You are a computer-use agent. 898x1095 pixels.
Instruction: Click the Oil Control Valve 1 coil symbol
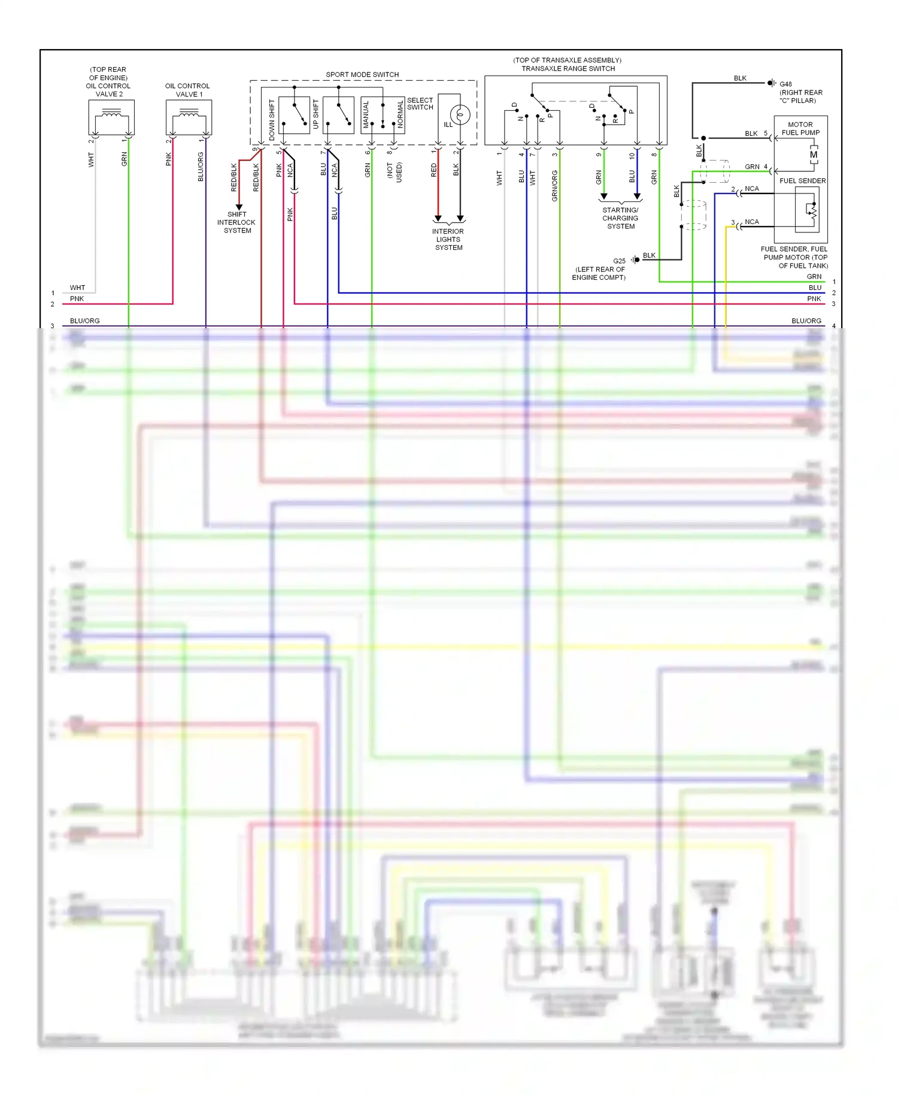[x=189, y=113]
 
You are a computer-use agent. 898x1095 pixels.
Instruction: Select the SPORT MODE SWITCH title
[x=362, y=74]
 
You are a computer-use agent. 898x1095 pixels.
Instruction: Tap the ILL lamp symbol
[x=460, y=114]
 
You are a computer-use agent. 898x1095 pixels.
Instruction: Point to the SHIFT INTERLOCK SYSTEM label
[x=236, y=222]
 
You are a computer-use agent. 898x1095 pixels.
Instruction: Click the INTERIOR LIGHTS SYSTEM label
[x=448, y=239]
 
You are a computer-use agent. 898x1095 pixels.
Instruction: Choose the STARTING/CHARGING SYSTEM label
[x=620, y=218]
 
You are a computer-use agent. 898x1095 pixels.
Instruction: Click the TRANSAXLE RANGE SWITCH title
[x=568, y=68]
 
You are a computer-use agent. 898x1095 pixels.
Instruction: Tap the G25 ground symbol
[x=635, y=260]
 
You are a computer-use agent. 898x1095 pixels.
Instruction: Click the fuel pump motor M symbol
[x=814, y=155]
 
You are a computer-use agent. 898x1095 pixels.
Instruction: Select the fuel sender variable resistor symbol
[x=812, y=210]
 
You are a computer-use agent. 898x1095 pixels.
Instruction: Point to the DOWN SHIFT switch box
[x=294, y=115]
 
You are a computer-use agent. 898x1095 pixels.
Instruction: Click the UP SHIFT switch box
[x=338, y=115]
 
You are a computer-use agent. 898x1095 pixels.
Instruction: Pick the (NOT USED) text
[x=395, y=173]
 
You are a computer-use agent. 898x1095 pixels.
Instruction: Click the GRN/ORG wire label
[x=555, y=185]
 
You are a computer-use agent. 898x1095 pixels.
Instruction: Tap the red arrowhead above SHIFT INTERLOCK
[x=239, y=207]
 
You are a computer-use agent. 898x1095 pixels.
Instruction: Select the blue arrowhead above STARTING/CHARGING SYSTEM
[x=637, y=196]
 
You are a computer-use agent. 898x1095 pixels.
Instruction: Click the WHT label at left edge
[x=77, y=288]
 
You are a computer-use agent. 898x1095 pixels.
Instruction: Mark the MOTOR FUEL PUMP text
[x=800, y=128]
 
